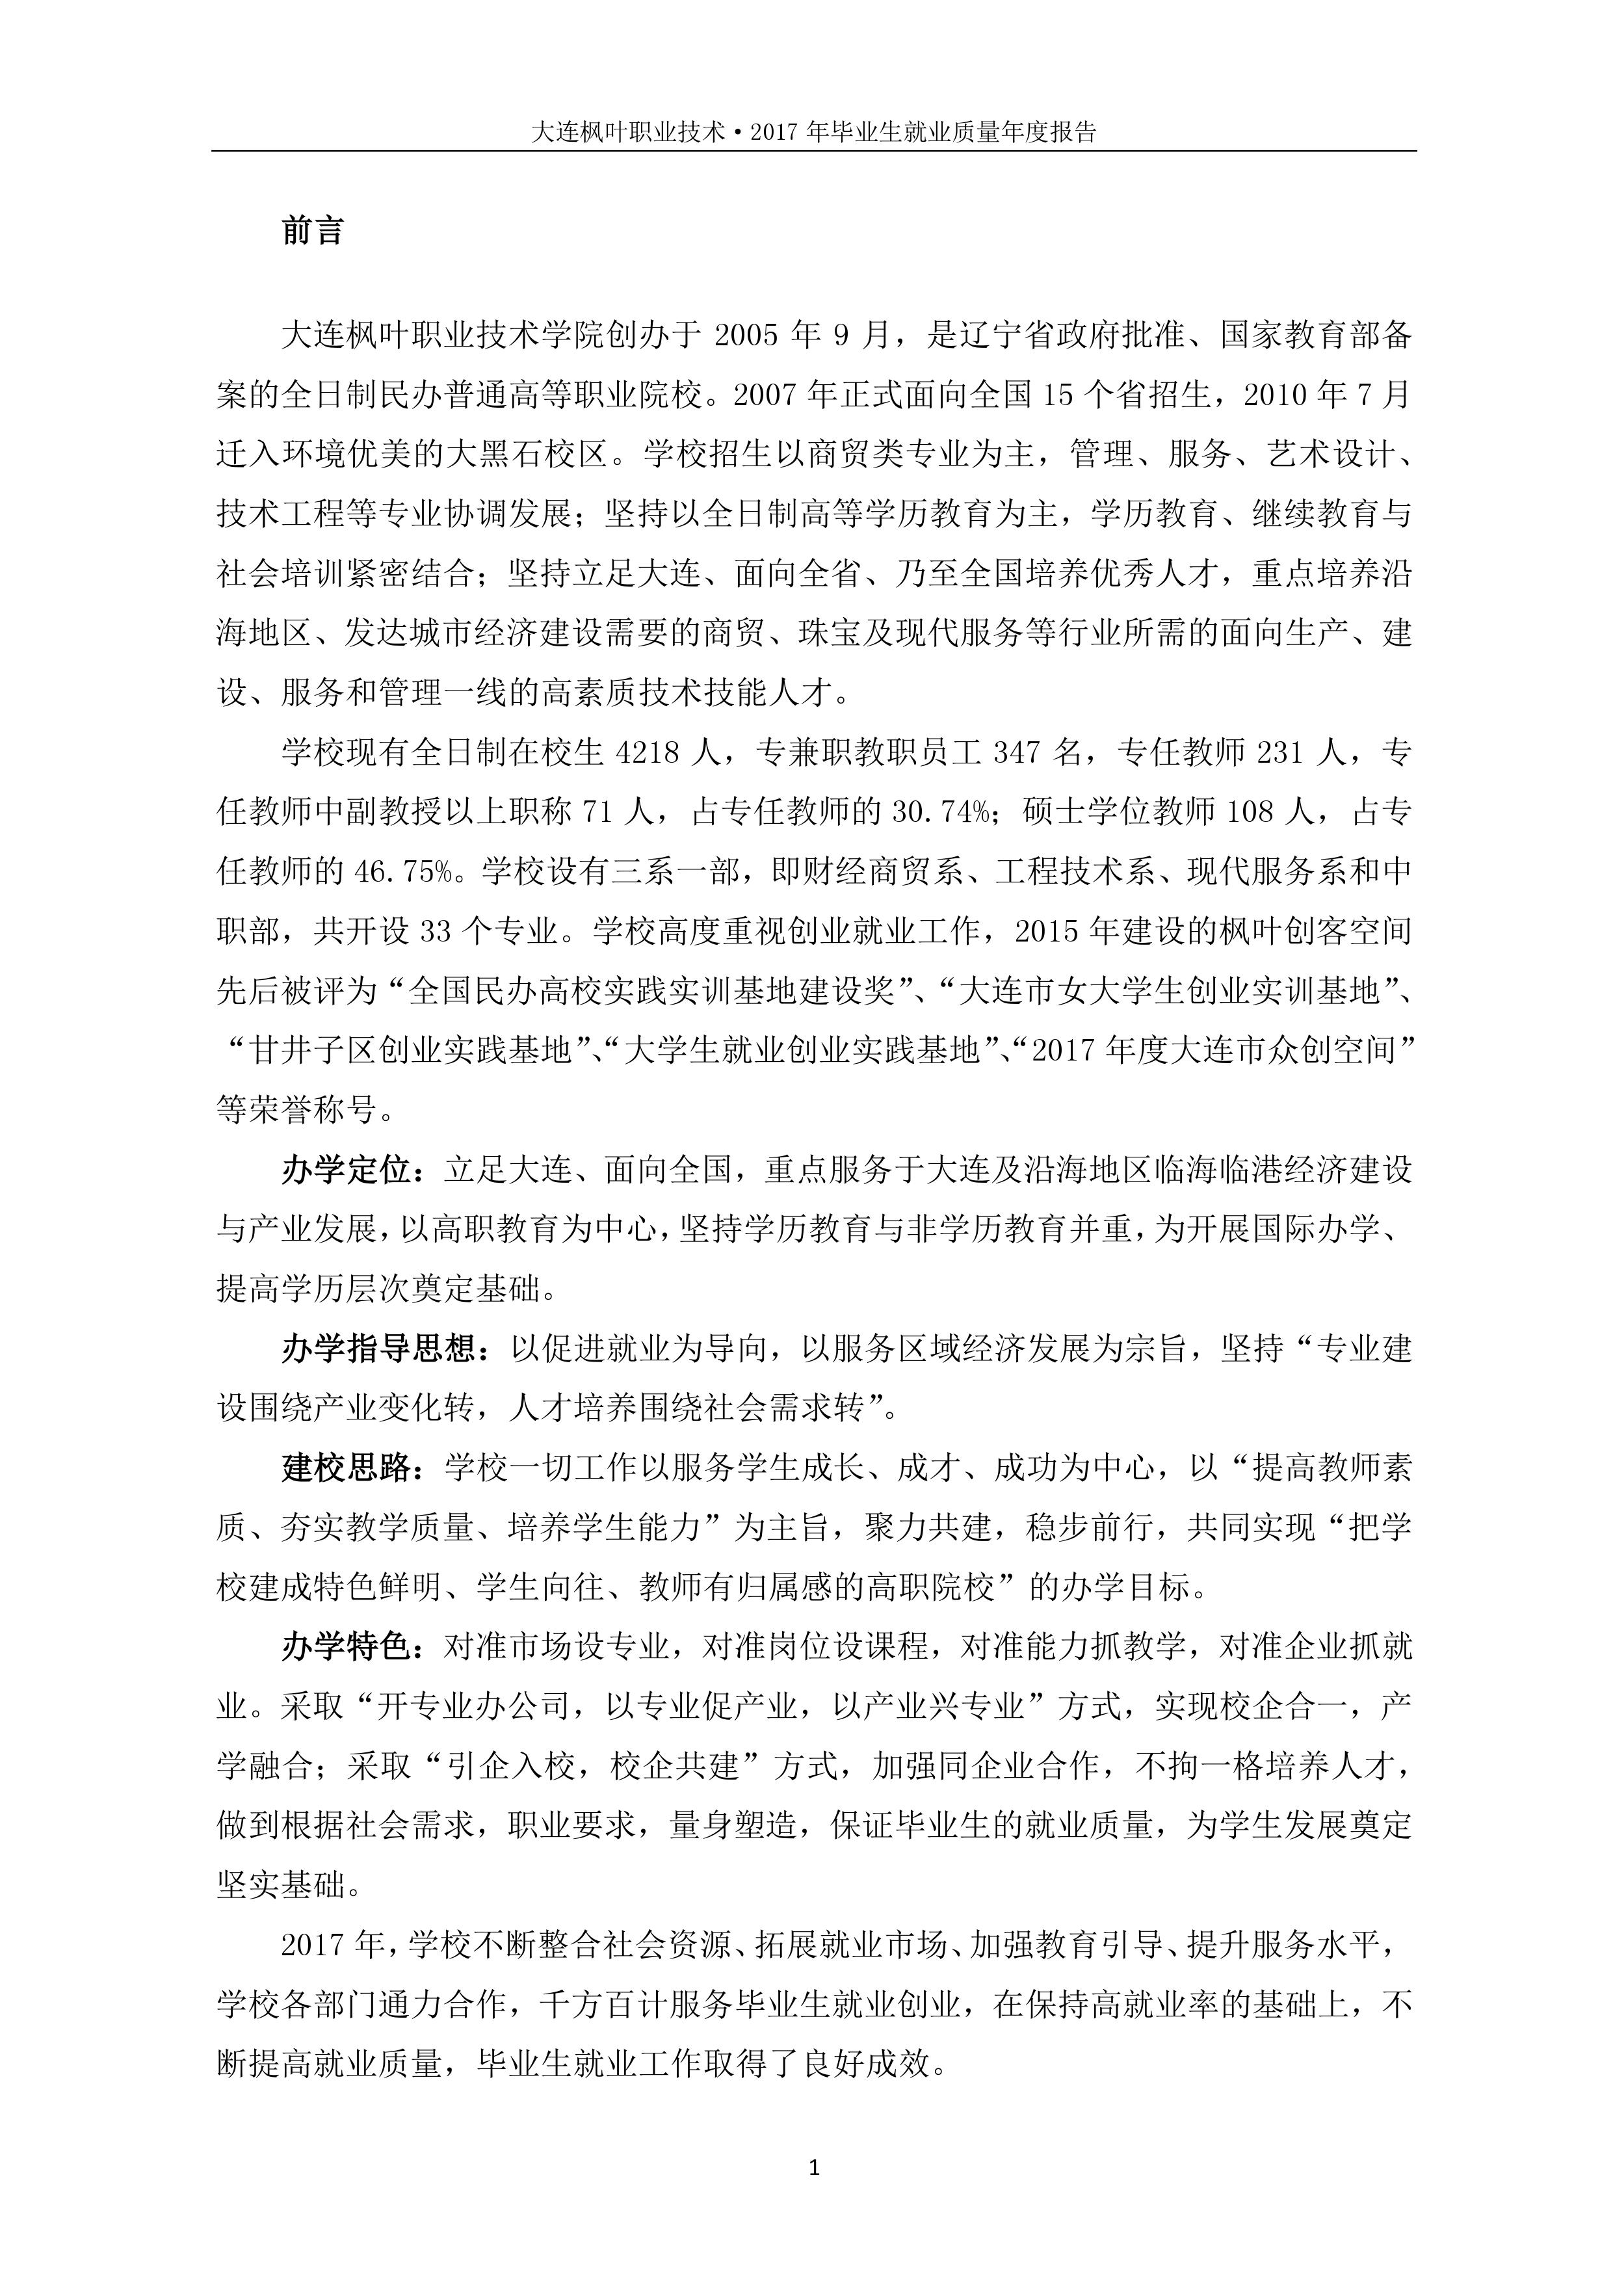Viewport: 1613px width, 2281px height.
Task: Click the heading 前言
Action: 312,231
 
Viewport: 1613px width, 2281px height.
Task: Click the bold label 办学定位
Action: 345,1170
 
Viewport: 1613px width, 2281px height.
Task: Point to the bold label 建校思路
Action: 345,1468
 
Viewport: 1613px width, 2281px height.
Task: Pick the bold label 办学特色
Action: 345,1647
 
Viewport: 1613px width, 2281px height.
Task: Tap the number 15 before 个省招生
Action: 1059,395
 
